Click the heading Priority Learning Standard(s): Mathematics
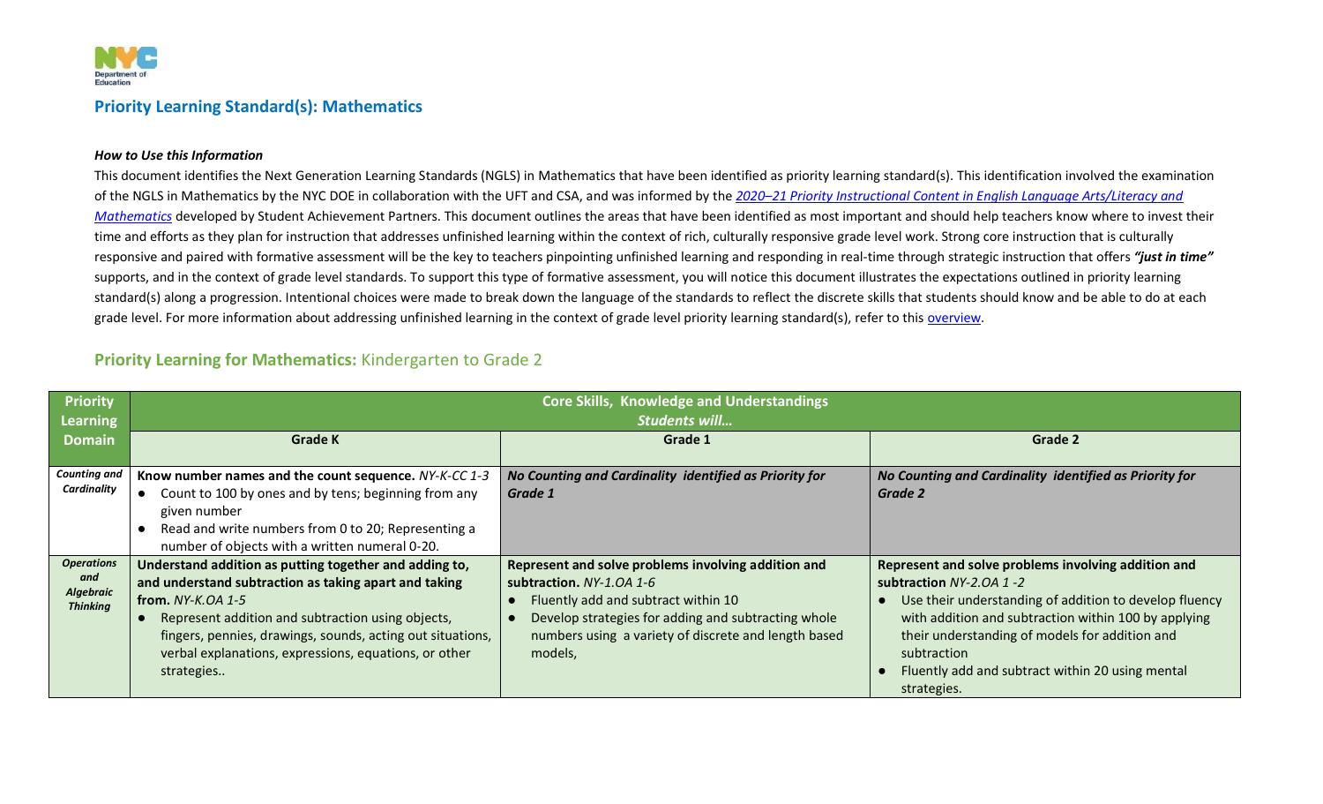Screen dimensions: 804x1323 click(x=258, y=107)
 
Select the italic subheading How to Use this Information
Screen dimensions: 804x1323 click(x=178, y=155)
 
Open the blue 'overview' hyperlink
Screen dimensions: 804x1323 click(x=953, y=318)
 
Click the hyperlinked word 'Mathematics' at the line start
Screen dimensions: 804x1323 click(x=132, y=216)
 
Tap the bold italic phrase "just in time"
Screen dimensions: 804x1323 click(x=1173, y=257)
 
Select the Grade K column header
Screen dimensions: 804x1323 click(x=315, y=440)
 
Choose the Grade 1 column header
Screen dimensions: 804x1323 click(x=685, y=440)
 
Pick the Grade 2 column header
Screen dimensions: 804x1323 click(x=1055, y=440)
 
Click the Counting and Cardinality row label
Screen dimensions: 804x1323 click(x=89, y=482)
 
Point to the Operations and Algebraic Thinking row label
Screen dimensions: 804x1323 click(x=89, y=584)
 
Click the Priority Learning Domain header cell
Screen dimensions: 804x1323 click(x=89, y=420)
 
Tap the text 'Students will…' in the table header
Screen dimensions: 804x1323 click(x=684, y=421)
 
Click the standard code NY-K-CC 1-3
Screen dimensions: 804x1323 click(x=453, y=476)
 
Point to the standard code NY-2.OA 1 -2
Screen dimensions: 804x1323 click(x=986, y=582)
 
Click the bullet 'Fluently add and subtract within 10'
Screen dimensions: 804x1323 click(x=634, y=600)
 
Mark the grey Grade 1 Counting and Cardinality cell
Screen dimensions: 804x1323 click(x=684, y=521)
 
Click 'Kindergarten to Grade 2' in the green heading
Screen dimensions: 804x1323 click(x=452, y=360)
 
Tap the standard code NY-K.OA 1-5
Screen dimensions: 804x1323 click(x=210, y=600)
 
